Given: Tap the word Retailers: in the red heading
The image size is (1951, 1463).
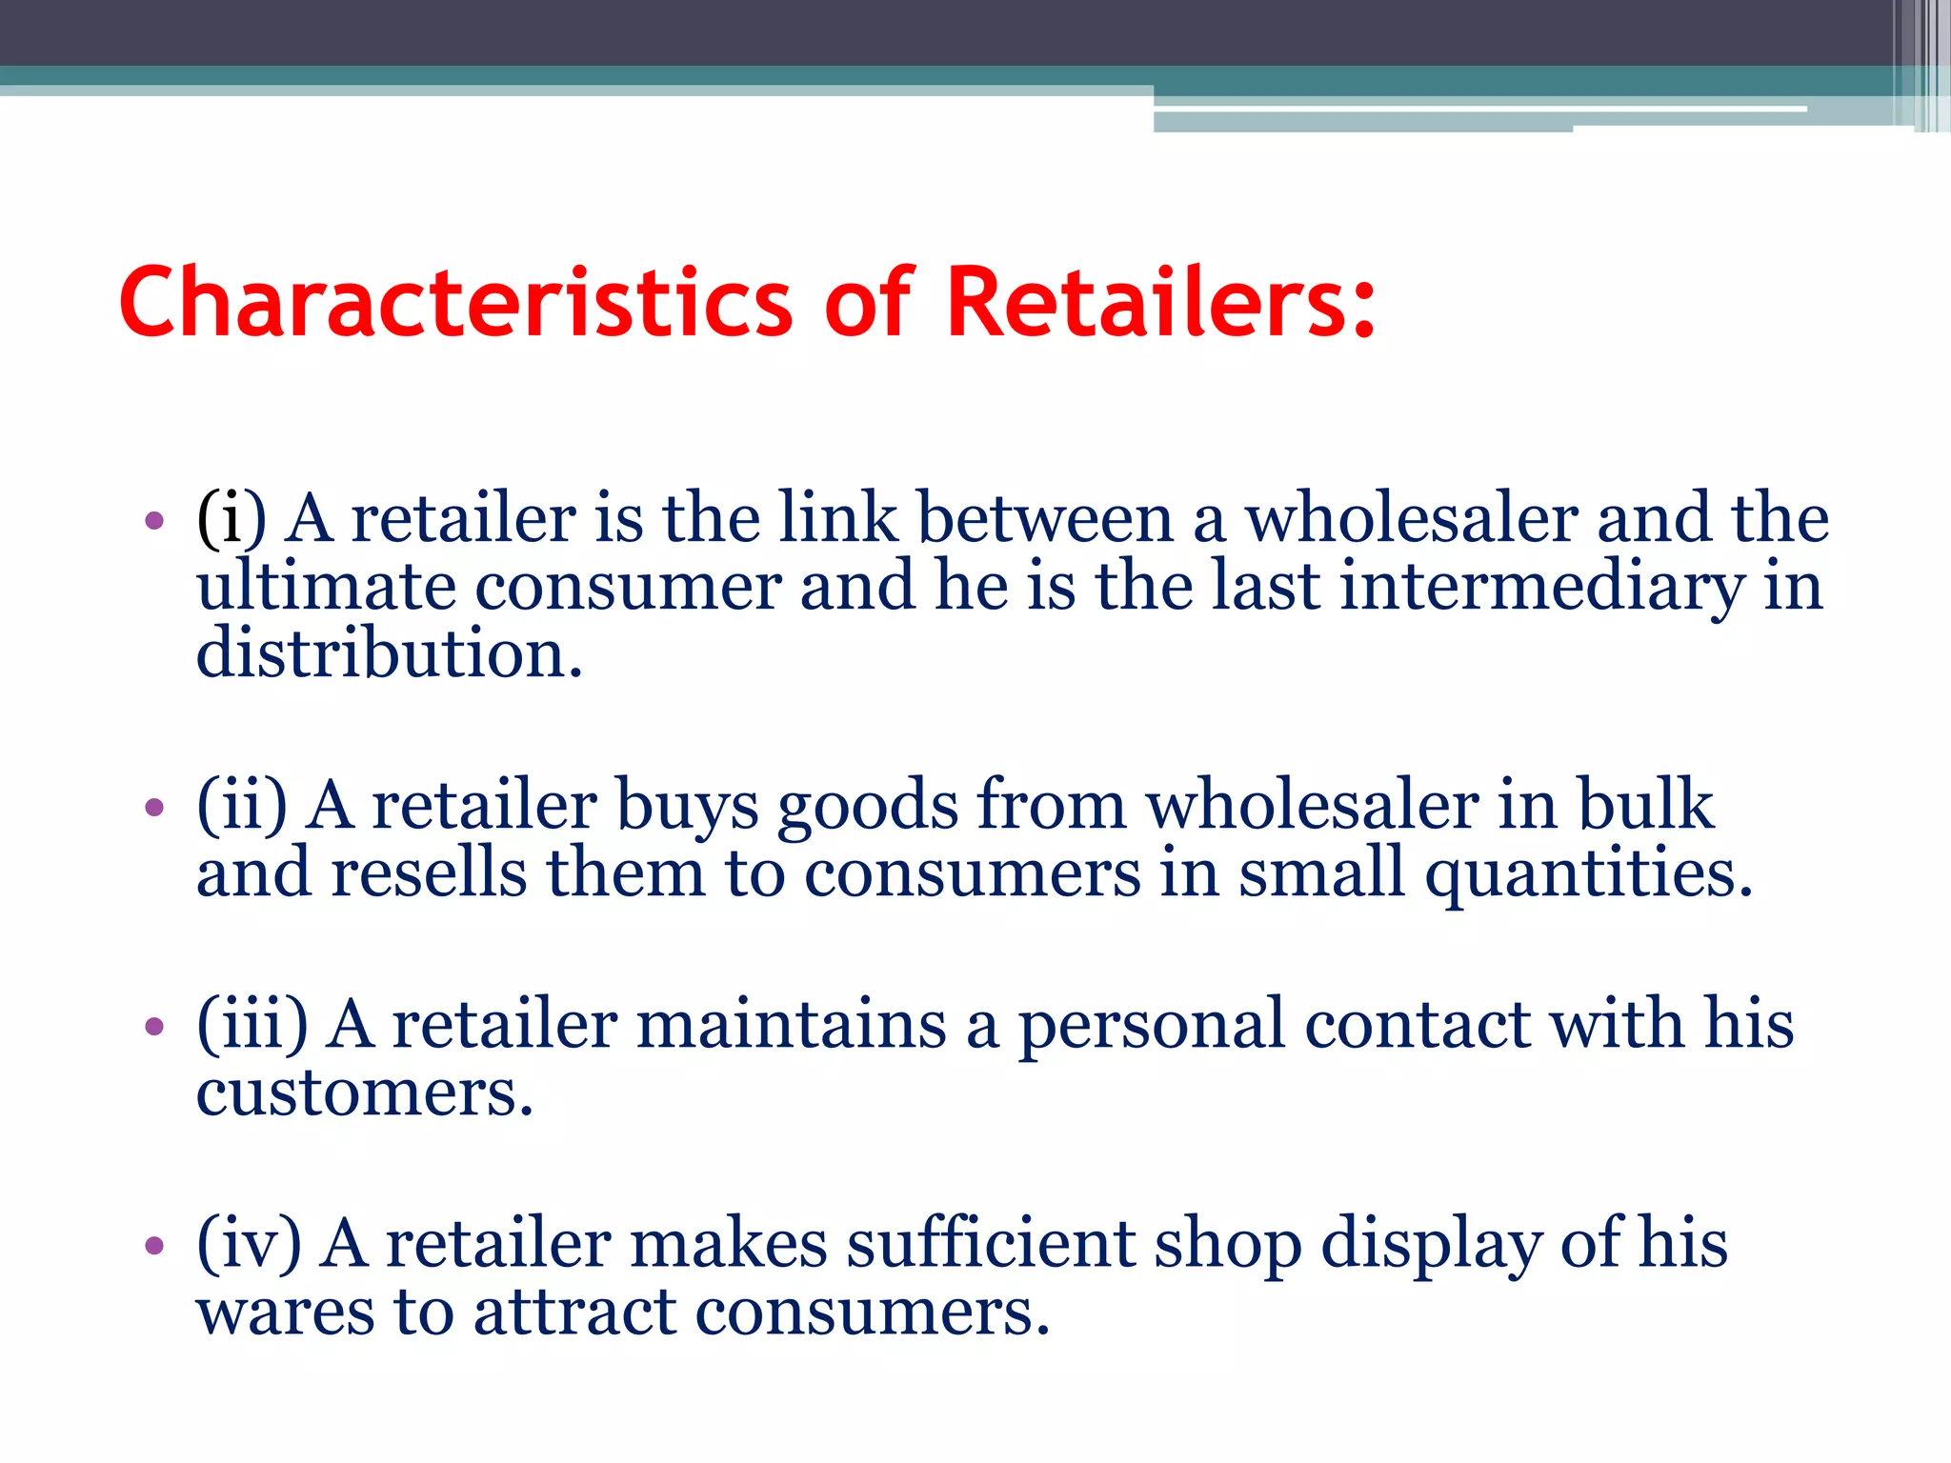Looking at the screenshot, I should click(1161, 303).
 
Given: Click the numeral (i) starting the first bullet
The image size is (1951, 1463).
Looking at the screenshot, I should click(231, 519).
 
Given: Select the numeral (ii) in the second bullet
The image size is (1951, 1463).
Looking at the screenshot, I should click(242, 806).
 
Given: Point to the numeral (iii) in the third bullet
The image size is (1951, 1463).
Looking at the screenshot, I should click(252, 1025).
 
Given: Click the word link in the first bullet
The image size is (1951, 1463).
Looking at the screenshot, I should click(838, 519).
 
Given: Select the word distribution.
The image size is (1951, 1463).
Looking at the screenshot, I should click(389, 654).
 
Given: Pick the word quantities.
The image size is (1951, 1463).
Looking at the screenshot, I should click(1588, 874).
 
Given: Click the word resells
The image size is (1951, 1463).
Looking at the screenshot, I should click(428, 873).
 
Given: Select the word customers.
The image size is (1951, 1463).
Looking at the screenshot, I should click(364, 1093).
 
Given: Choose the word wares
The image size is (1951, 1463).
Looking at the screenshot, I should click(285, 1313).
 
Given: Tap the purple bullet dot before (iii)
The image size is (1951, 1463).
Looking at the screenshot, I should click(154, 1027).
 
